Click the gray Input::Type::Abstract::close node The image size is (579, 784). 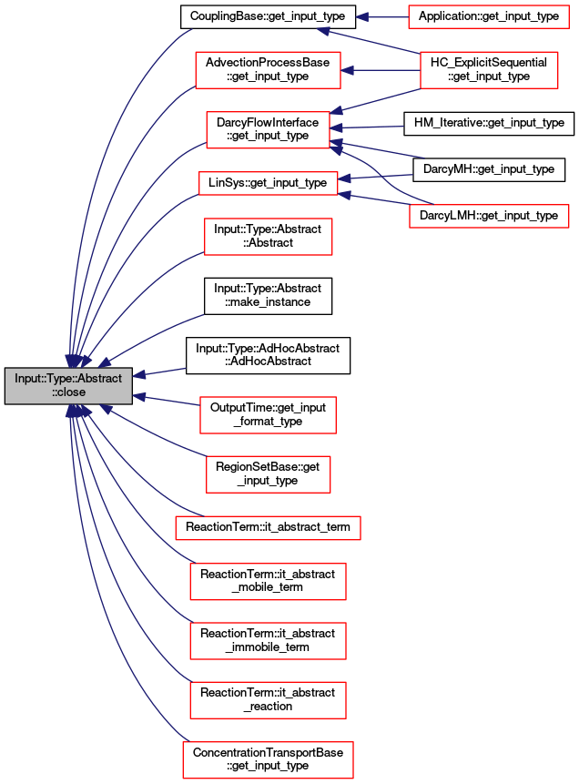68,385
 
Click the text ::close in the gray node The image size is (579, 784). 68,392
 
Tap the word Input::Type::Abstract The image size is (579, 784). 68,378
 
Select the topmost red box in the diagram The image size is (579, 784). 488,16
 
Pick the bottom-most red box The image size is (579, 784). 268,759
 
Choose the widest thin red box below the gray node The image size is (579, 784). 268,527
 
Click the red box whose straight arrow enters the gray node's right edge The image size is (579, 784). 268,415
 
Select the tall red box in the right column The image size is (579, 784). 489,70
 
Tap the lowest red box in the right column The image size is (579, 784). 489,216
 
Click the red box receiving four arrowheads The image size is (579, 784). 268,129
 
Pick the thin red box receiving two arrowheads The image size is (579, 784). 268,183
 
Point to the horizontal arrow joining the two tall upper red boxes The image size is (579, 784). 381,70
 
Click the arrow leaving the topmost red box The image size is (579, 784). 382,16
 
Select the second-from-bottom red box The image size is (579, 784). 268,699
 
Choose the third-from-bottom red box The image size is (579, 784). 268,641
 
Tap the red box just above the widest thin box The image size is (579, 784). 268,474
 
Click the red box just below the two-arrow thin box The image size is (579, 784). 268,237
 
